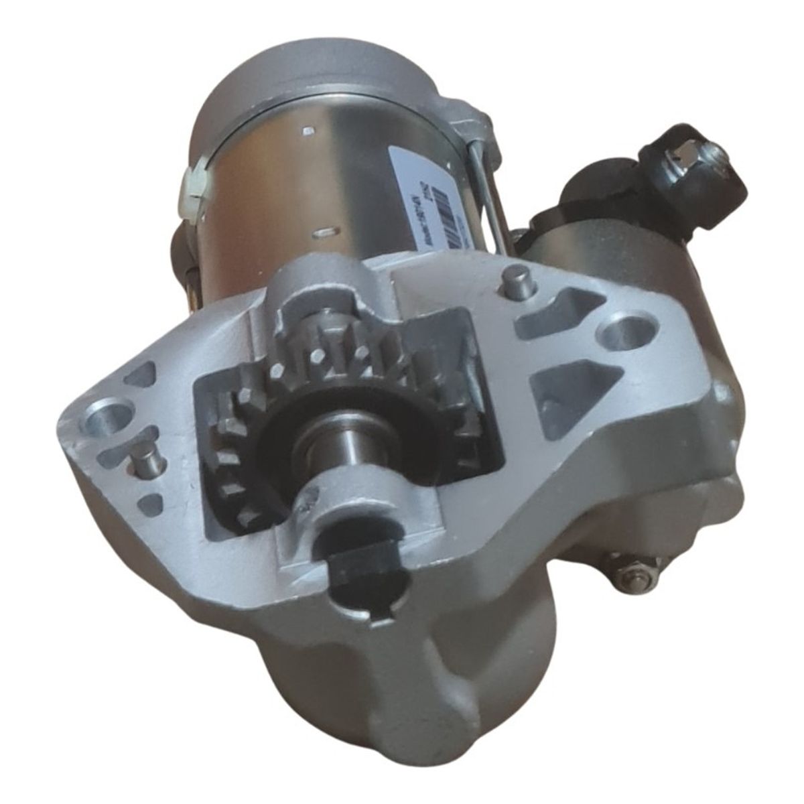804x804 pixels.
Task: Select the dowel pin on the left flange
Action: (145, 460)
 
